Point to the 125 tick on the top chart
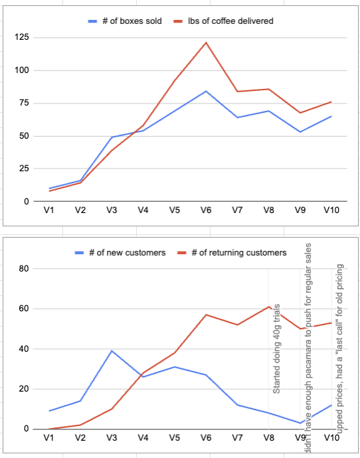pyautogui.click(x=24, y=38)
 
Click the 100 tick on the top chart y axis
pyautogui.click(x=24, y=70)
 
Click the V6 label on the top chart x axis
pyautogui.click(x=206, y=210)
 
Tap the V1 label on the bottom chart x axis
pyautogui.click(x=49, y=438)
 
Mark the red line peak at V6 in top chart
pyautogui.click(x=206, y=42)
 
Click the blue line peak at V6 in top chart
pyautogui.click(x=206, y=91)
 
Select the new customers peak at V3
pyautogui.click(x=112, y=350)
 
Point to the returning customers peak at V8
pyautogui.click(x=268, y=307)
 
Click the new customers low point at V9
pyautogui.click(x=300, y=423)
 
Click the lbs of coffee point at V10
pyautogui.click(x=331, y=102)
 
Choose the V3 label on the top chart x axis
pyautogui.click(x=112, y=210)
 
